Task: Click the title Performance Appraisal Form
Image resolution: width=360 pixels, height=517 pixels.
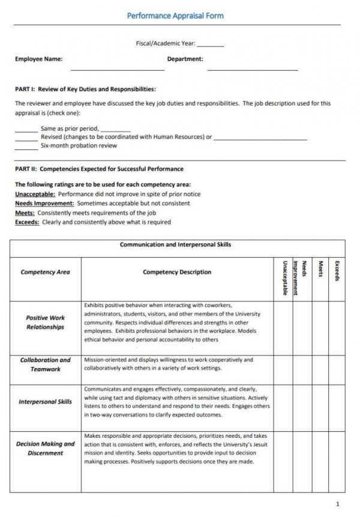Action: point(175,16)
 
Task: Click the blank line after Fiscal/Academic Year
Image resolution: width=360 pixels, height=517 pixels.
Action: point(210,46)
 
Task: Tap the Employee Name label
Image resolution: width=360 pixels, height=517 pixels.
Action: point(38,59)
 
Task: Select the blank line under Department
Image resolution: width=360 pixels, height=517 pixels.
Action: point(253,70)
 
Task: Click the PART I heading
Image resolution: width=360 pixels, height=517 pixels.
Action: point(85,88)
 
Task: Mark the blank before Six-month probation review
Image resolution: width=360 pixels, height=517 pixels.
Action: point(26,147)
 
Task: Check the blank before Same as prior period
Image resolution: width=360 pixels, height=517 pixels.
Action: point(26,129)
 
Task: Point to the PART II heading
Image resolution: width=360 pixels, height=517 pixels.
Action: point(99,169)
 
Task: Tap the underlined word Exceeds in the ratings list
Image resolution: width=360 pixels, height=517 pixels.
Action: point(27,222)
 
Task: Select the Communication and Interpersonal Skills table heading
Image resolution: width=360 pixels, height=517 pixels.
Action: point(176,245)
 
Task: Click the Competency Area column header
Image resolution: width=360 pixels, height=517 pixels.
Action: point(45,272)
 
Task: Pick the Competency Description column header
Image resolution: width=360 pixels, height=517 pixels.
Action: point(177,272)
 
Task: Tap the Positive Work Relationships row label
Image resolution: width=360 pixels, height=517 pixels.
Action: point(45,322)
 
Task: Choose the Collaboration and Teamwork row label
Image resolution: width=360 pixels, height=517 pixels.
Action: point(45,364)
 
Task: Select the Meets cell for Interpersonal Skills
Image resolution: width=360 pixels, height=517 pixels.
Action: point(321,401)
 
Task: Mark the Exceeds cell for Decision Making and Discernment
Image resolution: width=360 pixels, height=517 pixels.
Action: point(337,448)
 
